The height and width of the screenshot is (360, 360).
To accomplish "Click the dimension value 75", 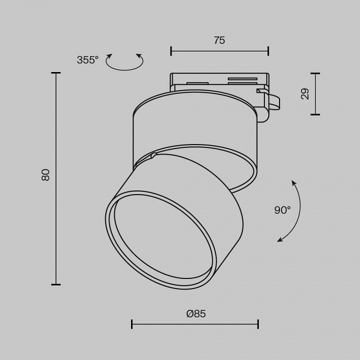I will (219, 40).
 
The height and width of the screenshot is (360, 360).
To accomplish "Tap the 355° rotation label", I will (87, 60).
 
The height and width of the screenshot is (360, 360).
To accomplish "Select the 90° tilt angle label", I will (282, 210).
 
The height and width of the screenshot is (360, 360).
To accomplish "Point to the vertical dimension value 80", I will (45, 174).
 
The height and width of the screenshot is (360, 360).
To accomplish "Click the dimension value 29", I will (305, 93).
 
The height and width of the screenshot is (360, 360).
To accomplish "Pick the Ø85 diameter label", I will (195, 313).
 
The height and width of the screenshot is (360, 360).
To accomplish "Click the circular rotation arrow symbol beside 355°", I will (125, 62).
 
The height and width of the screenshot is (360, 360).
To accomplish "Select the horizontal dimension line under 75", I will (219, 50).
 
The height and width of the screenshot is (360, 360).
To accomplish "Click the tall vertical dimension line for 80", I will (55, 178).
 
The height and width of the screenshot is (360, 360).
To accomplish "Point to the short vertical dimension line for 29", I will (315, 93).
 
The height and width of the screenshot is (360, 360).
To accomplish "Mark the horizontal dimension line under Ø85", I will (195, 324).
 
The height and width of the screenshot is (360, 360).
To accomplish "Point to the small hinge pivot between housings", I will (153, 157).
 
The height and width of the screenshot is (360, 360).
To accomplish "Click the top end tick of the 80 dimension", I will (55, 73).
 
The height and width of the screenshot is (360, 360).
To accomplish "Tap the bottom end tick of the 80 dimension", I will (55, 284).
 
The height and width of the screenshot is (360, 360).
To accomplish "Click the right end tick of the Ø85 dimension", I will (258, 324).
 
